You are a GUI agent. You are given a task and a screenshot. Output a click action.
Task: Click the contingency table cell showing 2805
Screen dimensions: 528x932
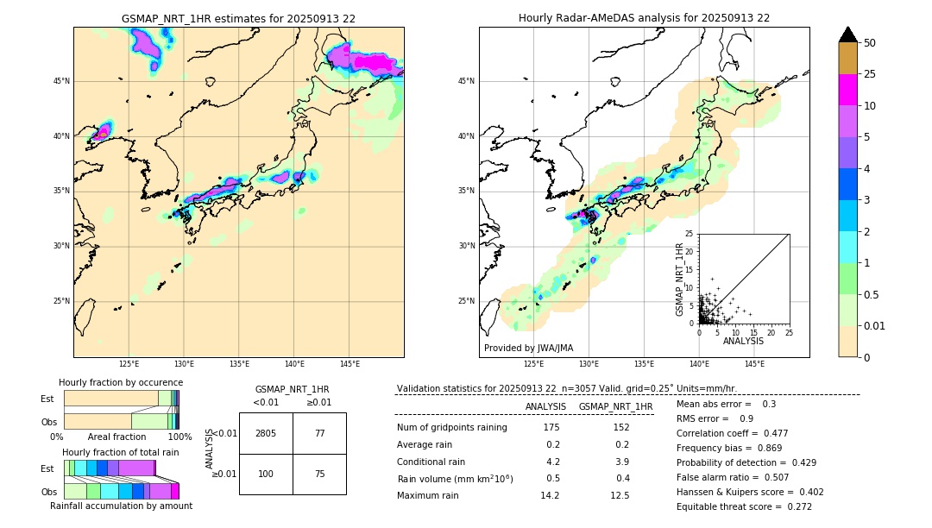coord(266,433)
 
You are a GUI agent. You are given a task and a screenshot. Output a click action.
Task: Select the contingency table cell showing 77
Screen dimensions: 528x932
coord(319,433)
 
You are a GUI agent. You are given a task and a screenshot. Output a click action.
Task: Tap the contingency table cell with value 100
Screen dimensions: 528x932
coord(266,475)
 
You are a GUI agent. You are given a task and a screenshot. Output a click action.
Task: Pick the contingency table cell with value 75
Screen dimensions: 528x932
coord(319,475)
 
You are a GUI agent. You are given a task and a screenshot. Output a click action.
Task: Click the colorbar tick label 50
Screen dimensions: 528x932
coord(870,43)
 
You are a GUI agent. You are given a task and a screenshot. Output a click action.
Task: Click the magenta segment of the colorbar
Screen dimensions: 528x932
coord(847,90)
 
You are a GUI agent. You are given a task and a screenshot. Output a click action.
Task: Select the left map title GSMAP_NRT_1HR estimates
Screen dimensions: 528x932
coord(238,18)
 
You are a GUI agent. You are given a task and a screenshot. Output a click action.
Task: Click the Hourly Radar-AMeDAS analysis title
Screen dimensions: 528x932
coord(644,18)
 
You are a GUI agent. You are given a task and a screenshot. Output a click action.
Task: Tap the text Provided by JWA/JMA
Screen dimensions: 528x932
coord(528,348)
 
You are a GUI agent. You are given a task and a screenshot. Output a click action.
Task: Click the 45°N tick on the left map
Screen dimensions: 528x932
coord(61,81)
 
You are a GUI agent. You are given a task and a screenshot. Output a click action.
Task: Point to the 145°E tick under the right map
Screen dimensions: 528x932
coord(754,364)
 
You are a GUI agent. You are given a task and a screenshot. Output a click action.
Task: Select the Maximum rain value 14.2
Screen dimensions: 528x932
coord(550,495)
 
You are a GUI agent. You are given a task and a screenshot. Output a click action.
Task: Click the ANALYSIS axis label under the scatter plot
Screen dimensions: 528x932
coord(743,341)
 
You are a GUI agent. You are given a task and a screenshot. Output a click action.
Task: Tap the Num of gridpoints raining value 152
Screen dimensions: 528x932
coord(620,427)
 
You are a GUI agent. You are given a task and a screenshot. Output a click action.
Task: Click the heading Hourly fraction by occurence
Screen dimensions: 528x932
coord(121,382)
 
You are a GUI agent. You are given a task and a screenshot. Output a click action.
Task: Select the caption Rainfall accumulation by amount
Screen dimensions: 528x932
coord(121,506)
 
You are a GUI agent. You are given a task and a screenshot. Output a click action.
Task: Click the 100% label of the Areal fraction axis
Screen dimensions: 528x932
coord(179,437)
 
